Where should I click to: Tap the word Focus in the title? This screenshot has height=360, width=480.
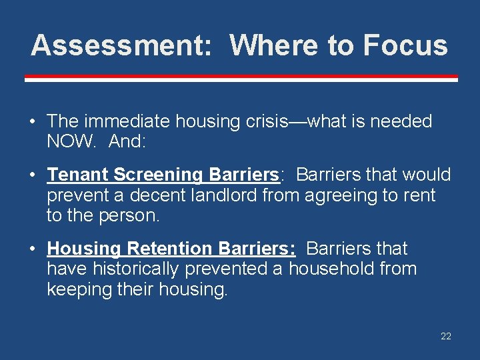tap(405, 45)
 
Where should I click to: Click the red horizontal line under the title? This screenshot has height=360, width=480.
tap(241, 79)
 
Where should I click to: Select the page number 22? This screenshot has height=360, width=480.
tap(445, 336)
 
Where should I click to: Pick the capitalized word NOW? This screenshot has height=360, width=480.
tap(69, 141)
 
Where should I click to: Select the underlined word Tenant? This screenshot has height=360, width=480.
tap(77, 175)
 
